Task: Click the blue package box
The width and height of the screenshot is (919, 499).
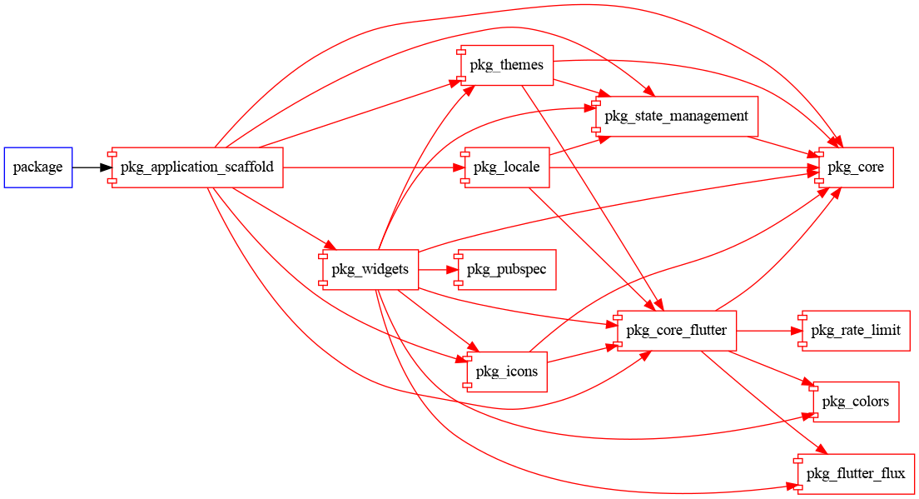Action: tap(37, 167)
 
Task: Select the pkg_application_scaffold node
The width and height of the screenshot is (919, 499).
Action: tap(197, 167)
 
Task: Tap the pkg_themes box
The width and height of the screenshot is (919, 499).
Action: tap(506, 65)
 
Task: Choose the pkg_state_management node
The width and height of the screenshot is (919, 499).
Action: tap(676, 116)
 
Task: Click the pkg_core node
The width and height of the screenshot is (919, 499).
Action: tap(855, 167)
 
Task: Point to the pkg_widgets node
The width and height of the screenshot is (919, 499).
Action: tap(370, 269)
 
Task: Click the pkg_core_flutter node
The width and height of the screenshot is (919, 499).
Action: tap(676, 331)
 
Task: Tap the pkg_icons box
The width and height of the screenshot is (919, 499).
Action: tap(506, 372)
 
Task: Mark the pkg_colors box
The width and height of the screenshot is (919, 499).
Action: tap(855, 402)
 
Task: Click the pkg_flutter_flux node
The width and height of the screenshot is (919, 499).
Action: tap(855, 474)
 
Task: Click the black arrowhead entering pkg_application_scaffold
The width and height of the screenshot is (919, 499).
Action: tap(106, 167)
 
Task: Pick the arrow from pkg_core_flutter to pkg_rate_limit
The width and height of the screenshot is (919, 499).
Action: tap(766, 331)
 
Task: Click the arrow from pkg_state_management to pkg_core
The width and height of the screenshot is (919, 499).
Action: tap(782, 146)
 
